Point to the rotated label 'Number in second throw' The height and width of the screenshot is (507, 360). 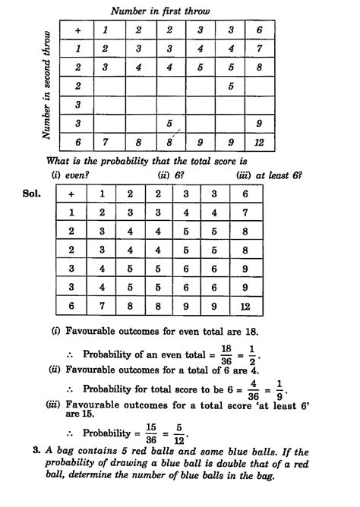(47, 85)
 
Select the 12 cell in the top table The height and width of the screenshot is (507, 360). (260, 141)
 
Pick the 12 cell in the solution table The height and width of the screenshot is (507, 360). (245, 306)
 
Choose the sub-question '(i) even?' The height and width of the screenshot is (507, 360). (67, 175)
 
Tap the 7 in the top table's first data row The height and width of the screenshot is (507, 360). (260, 49)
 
